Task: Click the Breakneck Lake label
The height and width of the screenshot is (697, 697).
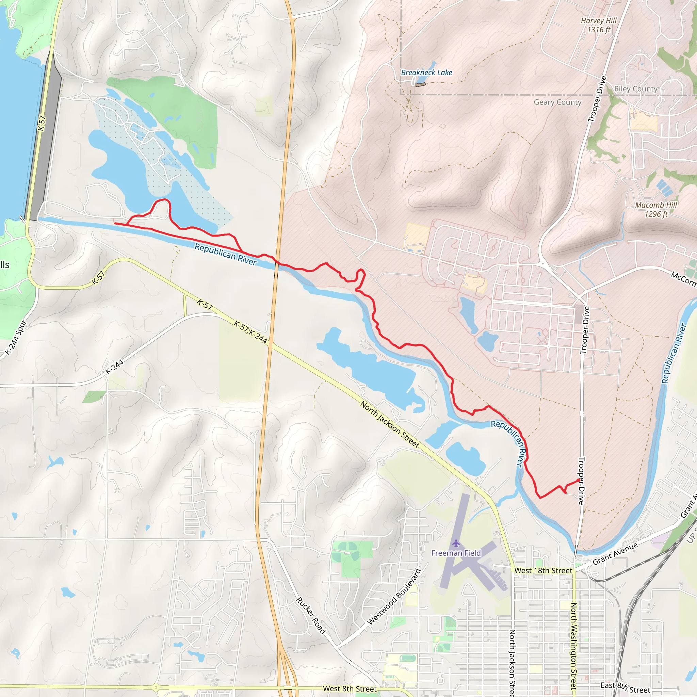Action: (x=426, y=72)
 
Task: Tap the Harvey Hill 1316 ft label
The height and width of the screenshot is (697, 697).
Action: (x=599, y=25)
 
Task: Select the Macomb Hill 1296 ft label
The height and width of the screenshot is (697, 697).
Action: (x=656, y=210)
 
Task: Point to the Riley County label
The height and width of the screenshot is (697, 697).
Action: (x=636, y=89)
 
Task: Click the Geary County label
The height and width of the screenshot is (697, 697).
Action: (x=557, y=102)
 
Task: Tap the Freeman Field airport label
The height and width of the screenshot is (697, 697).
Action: (x=456, y=553)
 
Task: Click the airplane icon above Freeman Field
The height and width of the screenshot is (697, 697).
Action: (x=456, y=543)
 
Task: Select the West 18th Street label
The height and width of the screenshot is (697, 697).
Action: (x=543, y=570)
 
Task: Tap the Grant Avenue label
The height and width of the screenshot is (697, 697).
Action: (x=615, y=554)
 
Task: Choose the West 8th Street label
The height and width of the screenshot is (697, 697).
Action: (x=350, y=689)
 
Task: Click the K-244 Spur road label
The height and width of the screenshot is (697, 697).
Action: (x=16, y=337)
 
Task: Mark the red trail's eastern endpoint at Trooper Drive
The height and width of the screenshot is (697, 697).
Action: (x=579, y=480)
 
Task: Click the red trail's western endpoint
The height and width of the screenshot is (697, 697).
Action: (x=115, y=223)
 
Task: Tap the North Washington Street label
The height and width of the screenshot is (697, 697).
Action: (x=573, y=646)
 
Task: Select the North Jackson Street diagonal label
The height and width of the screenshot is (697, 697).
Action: (x=390, y=425)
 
